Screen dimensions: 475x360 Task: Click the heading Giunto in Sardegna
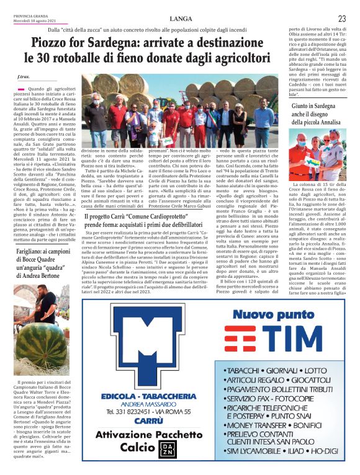314,108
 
